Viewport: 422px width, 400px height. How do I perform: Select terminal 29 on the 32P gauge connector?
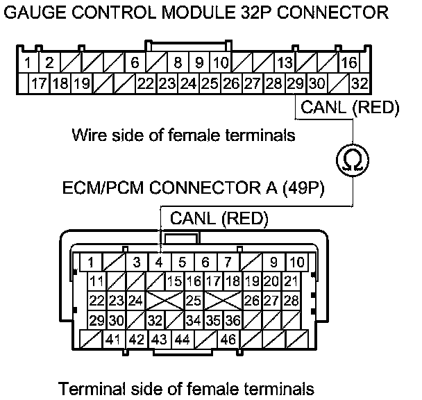tap(295, 84)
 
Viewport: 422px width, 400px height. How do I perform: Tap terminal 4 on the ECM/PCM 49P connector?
tap(159, 262)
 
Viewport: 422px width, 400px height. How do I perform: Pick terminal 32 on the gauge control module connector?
tap(359, 84)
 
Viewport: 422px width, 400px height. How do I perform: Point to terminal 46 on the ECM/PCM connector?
tap(227, 340)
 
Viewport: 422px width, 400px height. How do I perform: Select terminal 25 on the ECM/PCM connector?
tap(194, 301)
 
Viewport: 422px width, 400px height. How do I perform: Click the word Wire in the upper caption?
tap(87, 135)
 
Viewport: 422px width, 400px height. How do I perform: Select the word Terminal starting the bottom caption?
tap(87, 387)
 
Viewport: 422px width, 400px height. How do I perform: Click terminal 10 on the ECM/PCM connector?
tap(296, 262)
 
